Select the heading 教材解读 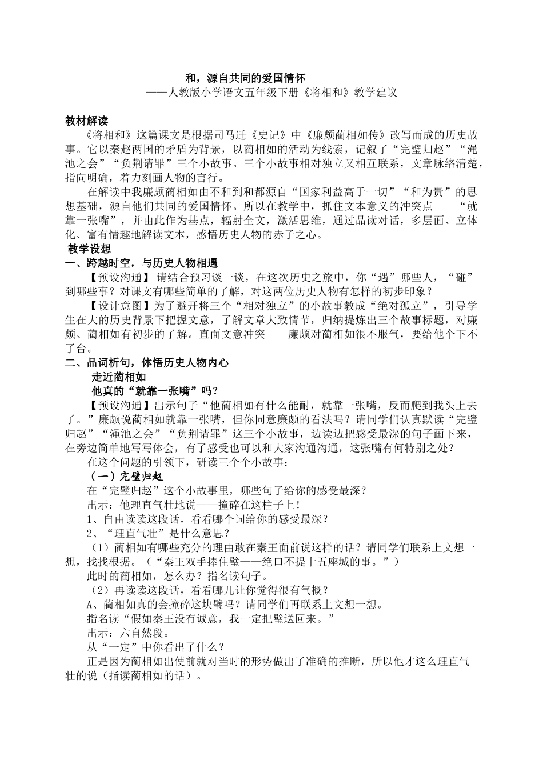[x=86, y=121]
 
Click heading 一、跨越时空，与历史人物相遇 [x=142, y=263]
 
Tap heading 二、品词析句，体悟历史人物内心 [x=147, y=362]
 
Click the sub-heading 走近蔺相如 [x=119, y=377]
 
